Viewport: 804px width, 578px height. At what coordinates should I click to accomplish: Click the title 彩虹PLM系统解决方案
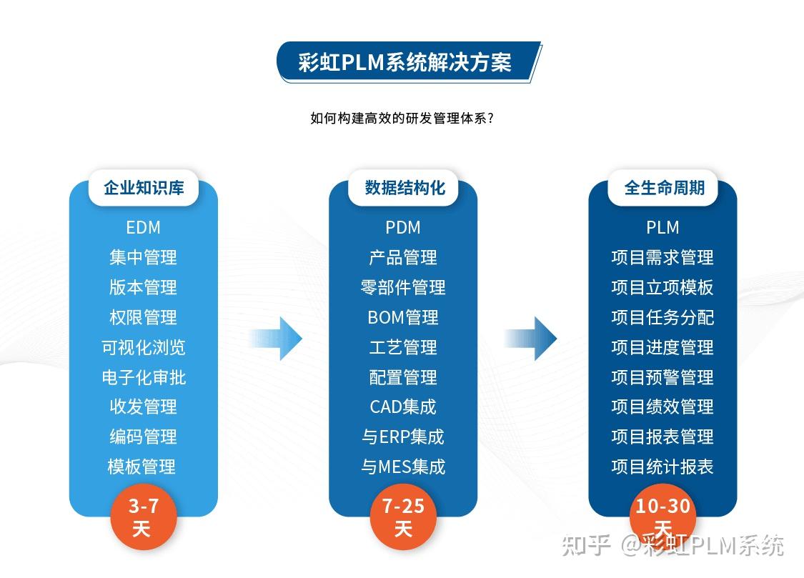pyautogui.click(x=405, y=62)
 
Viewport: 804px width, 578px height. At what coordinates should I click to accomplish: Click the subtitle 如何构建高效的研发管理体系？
pyautogui.click(x=402, y=119)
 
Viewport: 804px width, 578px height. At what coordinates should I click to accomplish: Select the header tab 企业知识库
pyautogui.click(x=144, y=188)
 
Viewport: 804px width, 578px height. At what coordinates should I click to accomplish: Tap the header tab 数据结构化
pyautogui.click(x=405, y=188)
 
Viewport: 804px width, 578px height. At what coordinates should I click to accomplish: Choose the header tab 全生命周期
pyautogui.click(x=664, y=188)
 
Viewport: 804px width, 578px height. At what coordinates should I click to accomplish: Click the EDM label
pyautogui.click(x=143, y=228)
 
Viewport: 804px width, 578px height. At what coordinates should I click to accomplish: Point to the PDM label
pyautogui.click(x=403, y=228)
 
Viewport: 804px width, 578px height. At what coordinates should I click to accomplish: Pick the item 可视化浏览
pyautogui.click(x=143, y=347)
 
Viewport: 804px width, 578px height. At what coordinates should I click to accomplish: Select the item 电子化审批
pyautogui.click(x=143, y=377)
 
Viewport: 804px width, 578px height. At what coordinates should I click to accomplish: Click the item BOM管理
pyautogui.click(x=403, y=317)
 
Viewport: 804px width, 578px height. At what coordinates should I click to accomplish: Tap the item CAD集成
pyautogui.click(x=403, y=407)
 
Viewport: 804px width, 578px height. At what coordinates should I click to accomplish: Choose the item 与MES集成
pyautogui.click(x=403, y=467)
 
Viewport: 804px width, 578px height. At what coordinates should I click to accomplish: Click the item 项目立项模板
pyautogui.click(x=662, y=288)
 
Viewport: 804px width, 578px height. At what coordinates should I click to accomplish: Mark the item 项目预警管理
pyautogui.click(x=662, y=377)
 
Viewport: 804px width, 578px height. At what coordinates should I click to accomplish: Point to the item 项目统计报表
pyautogui.click(x=662, y=467)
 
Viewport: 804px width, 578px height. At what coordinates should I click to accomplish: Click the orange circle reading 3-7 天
pyautogui.click(x=143, y=517)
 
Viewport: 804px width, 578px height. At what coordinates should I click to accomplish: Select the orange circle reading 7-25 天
pyautogui.click(x=403, y=517)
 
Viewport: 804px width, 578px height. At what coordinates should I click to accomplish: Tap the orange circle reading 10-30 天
pyautogui.click(x=662, y=516)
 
